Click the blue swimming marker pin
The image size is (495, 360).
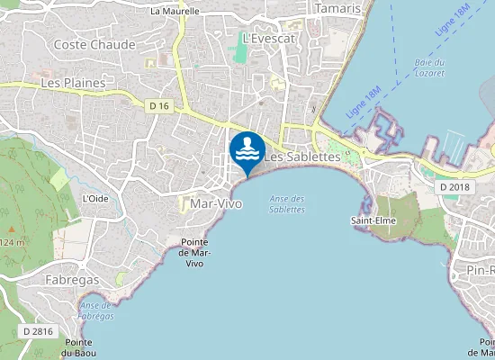[x=247, y=149]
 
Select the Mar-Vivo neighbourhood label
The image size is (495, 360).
[x=217, y=204]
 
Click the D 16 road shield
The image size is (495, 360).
[x=158, y=105]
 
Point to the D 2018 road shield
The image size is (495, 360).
[x=454, y=186]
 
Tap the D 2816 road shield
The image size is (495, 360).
[x=38, y=331]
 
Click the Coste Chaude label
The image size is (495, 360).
[x=94, y=44]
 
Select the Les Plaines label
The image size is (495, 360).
[x=73, y=82]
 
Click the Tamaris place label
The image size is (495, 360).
[x=339, y=8]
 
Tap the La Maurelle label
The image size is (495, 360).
[x=175, y=12]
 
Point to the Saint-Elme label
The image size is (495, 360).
[x=368, y=220]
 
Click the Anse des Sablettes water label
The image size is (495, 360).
[x=287, y=204]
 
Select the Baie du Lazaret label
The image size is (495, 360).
[x=430, y=67]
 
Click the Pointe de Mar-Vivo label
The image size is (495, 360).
[x=194, y=253]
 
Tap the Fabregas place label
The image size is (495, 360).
[x=72, y=280]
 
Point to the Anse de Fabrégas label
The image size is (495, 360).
[x=96, y=310]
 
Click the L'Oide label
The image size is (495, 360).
[x=94, y=198]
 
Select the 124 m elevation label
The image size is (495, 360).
[x=13, y=242]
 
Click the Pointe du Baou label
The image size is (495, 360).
[x=79, y=348]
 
